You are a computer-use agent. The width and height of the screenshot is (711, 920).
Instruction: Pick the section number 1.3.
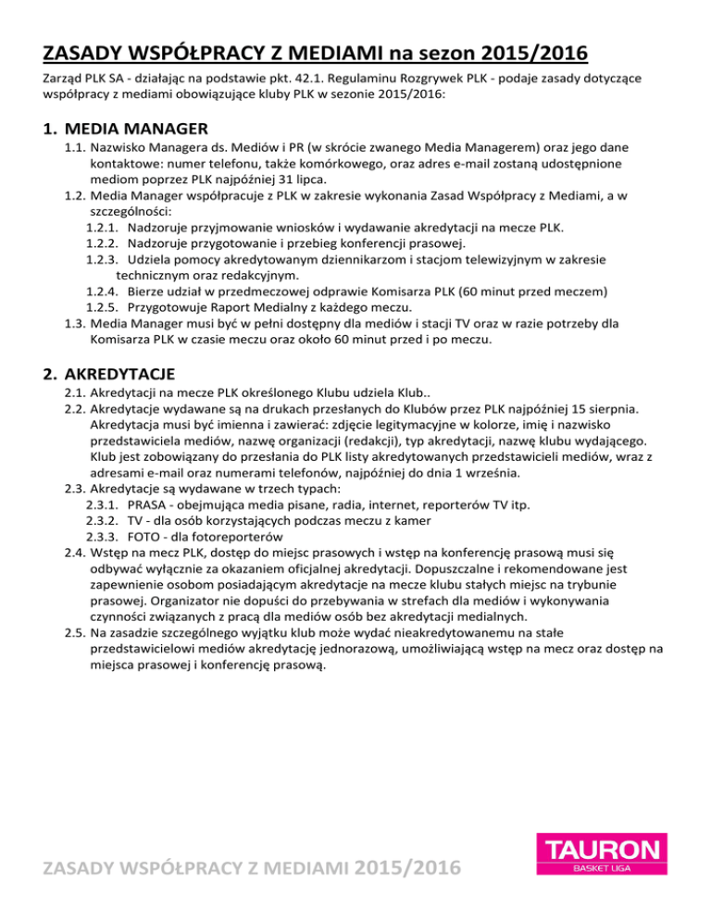click(76, 324)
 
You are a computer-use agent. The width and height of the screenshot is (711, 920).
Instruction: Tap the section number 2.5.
click(76, 632)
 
